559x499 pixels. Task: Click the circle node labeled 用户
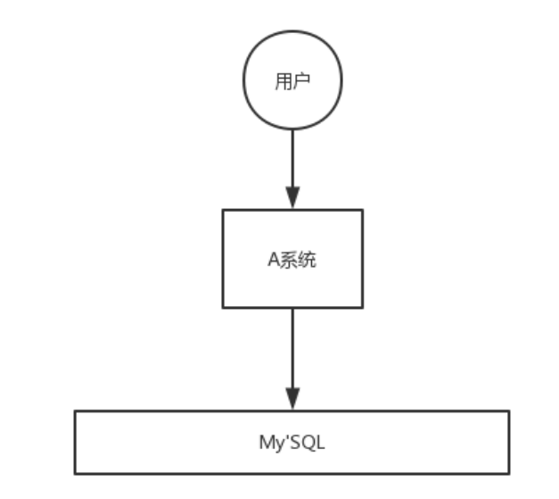(292, 80)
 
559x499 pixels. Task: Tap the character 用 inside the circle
(284, 80)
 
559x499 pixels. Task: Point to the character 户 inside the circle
(301, 80)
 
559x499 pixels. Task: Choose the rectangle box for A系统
(292, 258)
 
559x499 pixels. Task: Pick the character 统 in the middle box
(308, 261)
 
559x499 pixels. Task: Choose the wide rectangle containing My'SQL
(292, 442)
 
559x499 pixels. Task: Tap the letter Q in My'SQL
(306, 443)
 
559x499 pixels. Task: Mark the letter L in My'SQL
(318, 443)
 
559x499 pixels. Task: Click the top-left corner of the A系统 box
(223, 210)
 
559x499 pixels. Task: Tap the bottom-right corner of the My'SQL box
(509, 473)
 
